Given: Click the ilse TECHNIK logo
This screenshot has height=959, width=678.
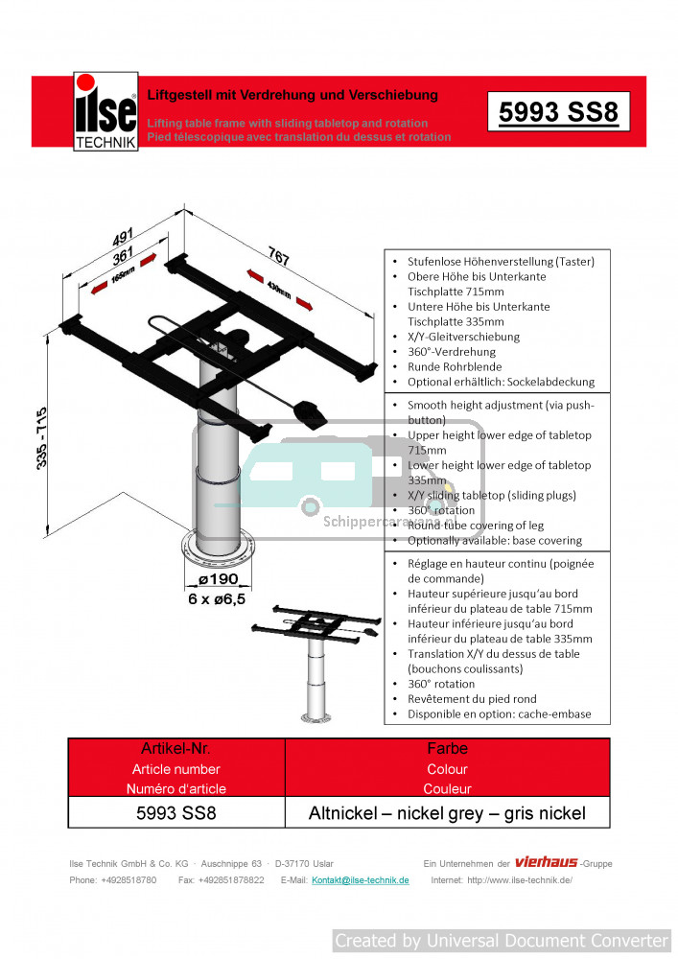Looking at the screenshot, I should coord(105,112).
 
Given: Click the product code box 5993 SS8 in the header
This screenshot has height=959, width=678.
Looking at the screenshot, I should coord(558,112).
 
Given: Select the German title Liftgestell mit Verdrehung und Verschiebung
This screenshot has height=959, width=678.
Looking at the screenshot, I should coord(292,95).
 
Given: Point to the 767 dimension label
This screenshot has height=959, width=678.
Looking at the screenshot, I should coord(278,256).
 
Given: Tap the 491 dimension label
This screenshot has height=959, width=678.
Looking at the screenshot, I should coord(122,236).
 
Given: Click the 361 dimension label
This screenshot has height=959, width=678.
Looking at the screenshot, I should coord(123,257).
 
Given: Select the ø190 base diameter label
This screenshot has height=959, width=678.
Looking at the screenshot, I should coord(218,580).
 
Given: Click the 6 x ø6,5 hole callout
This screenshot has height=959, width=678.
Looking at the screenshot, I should coord(216,598).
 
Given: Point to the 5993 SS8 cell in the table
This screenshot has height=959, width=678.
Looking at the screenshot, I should coord(177,813).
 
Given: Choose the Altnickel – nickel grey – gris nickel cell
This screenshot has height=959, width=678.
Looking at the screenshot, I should coord(447,813).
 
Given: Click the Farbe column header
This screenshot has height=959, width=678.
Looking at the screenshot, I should coord(447,748).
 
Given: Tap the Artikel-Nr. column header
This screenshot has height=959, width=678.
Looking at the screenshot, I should coord(176,748).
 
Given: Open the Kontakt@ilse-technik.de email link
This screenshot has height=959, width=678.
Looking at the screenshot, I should coord(361,880).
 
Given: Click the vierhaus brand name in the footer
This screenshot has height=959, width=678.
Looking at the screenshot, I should coord(546,862).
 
